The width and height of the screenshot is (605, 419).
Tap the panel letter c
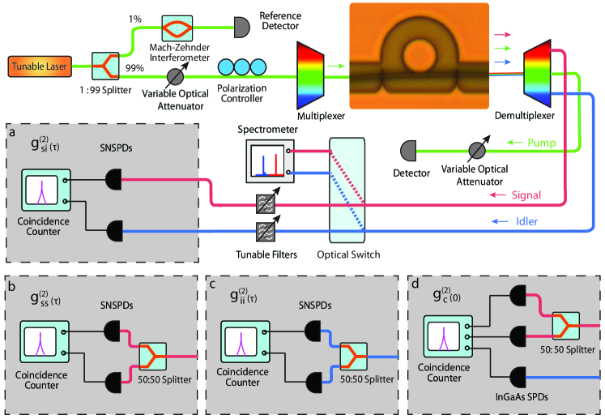(x=213, y=285)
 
